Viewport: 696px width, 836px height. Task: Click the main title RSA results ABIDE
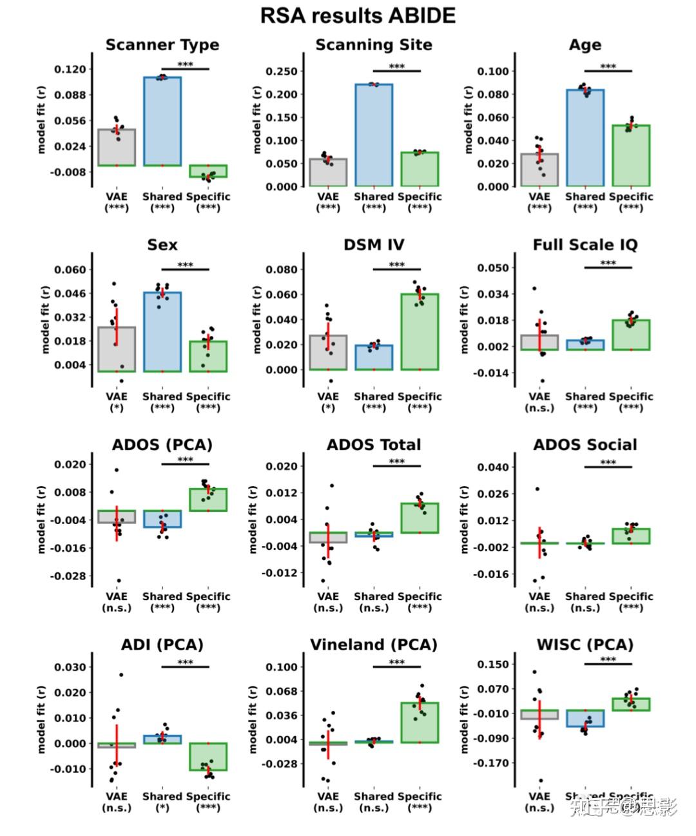click(358, 15)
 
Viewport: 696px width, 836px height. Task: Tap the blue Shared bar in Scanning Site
click(374, 135)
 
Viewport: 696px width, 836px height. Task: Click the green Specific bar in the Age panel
click(631, 155)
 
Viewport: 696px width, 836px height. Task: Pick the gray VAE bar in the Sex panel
click(117, 349)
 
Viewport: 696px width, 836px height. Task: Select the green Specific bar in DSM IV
click(420, 332)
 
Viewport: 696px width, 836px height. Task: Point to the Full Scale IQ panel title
click(585, 245)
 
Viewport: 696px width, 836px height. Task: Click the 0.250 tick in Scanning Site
click(282, 72)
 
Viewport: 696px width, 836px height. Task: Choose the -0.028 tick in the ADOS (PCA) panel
click(69, 576)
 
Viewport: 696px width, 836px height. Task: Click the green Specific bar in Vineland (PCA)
click(420, 723)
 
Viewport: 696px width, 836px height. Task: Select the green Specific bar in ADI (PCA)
click(208, 757)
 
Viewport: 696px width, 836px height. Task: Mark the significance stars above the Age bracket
click(608, 66)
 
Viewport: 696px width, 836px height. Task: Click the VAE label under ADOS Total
click(328, 596)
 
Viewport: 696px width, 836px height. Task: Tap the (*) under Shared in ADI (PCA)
click(162, 808)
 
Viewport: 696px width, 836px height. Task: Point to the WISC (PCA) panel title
click(585, 645)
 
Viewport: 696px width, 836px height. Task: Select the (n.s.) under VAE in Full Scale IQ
click(539, 408)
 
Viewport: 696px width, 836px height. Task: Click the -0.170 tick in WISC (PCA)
click(492, 763)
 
